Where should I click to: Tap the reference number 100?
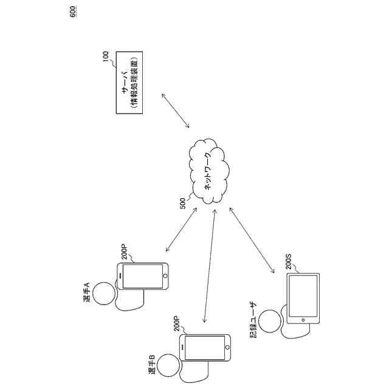[x=106, y=57]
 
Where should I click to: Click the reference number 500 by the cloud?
[x=183, y=203]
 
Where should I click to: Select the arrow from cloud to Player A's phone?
[x=181, y=230]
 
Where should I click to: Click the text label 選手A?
[x=87, y=292]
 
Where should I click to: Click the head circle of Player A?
[x=105, y=294]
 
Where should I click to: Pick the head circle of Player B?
[x=168, y=366]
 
